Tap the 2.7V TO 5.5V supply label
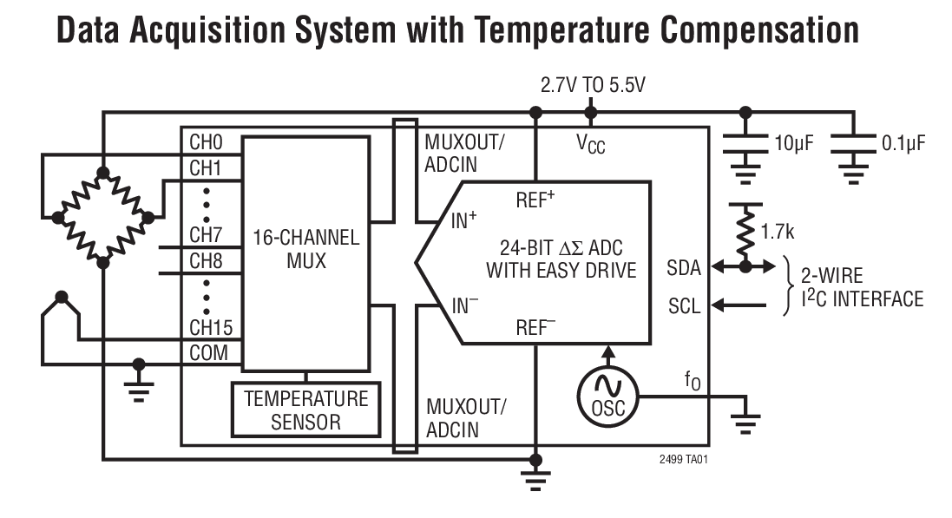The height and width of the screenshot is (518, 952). (593, 86)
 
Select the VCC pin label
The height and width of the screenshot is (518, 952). (591, 144)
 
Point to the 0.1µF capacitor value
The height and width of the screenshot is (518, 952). (903, 143)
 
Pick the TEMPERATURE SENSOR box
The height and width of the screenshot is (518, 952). (305, 410)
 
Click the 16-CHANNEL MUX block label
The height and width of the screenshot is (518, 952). (305, 248)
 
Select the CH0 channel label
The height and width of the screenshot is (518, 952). (207, 142)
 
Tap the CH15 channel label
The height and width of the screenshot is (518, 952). (211, 329)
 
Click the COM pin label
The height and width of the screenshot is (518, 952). (209, 353)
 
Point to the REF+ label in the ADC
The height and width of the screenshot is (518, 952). (535, 200)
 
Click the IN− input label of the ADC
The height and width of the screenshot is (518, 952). (464, 305)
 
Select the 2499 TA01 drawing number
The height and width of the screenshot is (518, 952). (683, 459)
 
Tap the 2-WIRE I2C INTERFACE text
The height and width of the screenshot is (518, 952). (861, 288)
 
